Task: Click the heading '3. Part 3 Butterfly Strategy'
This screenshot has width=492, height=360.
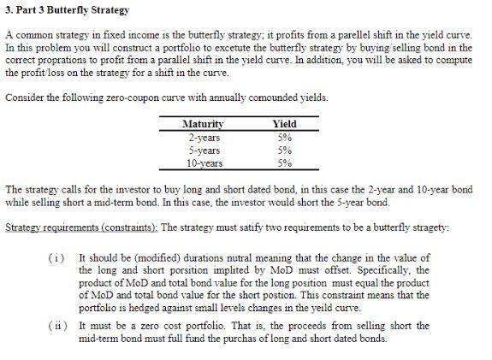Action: click(x=67, y=10)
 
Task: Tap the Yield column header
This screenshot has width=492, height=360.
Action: click(x=283, y=124)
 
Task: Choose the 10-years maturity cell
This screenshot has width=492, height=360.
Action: click(x=205, y=162)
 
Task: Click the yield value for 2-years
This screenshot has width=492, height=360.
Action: click(x=283, y=136)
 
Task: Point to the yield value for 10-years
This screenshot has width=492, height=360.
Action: click(x=283, y=162)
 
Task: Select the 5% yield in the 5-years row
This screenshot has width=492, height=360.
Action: click(x=283, y=149)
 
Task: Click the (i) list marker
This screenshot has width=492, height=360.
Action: click(x=55, y=257)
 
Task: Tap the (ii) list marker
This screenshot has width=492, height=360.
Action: click(x=55, y=326)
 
